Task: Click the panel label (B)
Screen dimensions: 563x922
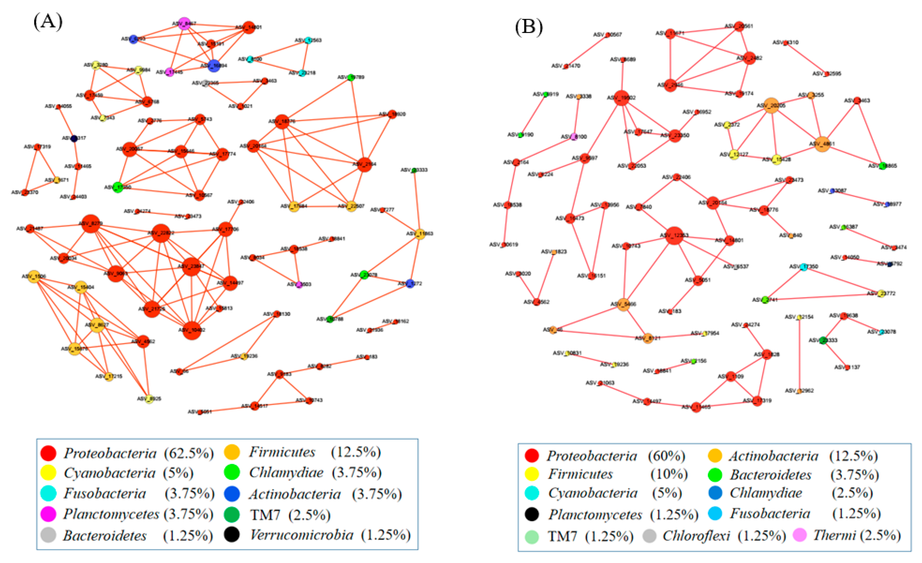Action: [x=529, y=27]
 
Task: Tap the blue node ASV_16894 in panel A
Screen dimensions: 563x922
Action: [x=213, y=65]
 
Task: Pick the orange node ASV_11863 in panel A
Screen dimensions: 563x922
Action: [x=420, y=234]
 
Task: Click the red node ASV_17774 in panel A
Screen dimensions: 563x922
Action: [x=223, y=154]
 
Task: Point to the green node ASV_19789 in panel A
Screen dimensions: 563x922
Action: [x=351, y=77]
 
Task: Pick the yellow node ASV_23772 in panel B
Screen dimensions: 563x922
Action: [x=881, y=294]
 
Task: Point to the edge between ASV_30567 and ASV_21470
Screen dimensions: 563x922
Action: [x=587, y=50]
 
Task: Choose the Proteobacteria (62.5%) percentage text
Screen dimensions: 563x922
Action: [x=189, y=453]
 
